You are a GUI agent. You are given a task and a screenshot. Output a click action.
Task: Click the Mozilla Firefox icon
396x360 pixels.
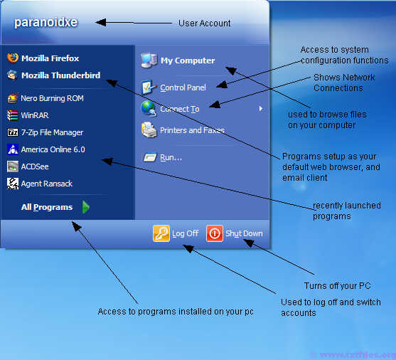click(x=13, y=58)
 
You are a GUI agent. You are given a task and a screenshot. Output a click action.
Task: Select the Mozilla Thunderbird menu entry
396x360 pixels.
click(x=54, y=75)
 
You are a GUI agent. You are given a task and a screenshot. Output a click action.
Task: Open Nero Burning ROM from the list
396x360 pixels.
click(x=46, y=98)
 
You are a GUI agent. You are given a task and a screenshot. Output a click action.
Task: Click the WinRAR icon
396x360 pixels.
click(x=12, y=115)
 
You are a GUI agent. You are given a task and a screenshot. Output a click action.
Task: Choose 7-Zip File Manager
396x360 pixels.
click(x=46, y=132)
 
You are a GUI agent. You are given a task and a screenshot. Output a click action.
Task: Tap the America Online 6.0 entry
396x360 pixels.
click(x=46, y=149)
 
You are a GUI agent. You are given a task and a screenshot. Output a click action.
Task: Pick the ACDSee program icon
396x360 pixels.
click(x=13, y=166)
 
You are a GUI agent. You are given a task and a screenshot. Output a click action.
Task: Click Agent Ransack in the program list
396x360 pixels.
click(x=40, y=184)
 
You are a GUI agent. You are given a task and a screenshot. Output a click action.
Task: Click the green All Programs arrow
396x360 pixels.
click(x=86, y=207)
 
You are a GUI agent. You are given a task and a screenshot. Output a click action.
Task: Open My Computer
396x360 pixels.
click(x=178, y=60)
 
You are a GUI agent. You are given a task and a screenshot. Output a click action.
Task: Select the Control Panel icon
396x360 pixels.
click(x=148, y=88)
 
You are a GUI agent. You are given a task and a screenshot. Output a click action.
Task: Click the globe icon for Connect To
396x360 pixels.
click(x=149, y=108)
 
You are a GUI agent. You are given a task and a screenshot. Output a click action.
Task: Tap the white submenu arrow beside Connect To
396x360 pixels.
click(x=261, y=109)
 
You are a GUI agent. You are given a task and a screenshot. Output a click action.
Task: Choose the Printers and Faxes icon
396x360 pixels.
click(x=149, y=130)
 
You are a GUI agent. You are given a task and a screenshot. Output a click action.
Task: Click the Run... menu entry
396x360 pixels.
click(x=163, y=157)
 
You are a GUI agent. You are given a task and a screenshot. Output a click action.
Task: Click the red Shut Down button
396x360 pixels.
click(x=215, y=233)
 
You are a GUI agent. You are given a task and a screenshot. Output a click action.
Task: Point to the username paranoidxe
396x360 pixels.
click(x=46, y=22)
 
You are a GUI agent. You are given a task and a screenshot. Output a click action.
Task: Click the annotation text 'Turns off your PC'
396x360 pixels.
click(x=337, y=286)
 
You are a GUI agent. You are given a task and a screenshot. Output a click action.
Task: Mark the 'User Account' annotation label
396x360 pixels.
click(x=204, y=23)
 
